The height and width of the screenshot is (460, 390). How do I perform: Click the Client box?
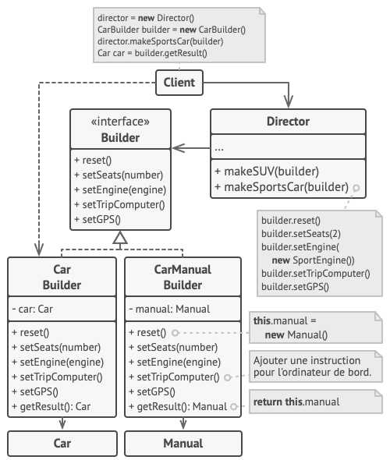tap(179, 83)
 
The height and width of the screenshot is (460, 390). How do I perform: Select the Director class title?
tap(288, 122)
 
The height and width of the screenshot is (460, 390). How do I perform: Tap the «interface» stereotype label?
tap(120, 122)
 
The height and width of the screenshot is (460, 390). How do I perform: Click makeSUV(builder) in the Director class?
tap(267, 172)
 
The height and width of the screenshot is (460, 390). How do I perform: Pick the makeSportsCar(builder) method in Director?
tap(282, 187)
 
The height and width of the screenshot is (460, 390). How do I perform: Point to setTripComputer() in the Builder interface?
tap(119, 204)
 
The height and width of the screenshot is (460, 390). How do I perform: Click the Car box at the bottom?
tap(62, 444)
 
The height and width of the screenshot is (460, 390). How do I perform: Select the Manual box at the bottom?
tap(183, 444)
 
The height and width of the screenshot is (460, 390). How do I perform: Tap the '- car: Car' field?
tap(33, 309)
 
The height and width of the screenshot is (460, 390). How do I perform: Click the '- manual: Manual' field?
tap(169, 309)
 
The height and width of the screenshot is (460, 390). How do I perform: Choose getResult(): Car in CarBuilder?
tap(51, 406)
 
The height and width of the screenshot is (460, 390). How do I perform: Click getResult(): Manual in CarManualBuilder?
tap(178, 406)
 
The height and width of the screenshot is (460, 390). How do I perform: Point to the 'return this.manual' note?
tap(316, 402)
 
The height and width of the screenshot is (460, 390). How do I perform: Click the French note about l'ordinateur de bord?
tap(316, 366)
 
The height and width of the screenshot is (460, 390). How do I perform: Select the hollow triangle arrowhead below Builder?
tap(120, 237)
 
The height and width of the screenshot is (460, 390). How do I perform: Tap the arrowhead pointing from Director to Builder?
tap(179, 148)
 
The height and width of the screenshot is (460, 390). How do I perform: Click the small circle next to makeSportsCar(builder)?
tap(356, 188)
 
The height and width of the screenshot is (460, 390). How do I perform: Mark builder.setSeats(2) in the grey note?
tap(301, 234)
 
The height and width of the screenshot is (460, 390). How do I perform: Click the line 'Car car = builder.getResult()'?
tap(152, 53)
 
